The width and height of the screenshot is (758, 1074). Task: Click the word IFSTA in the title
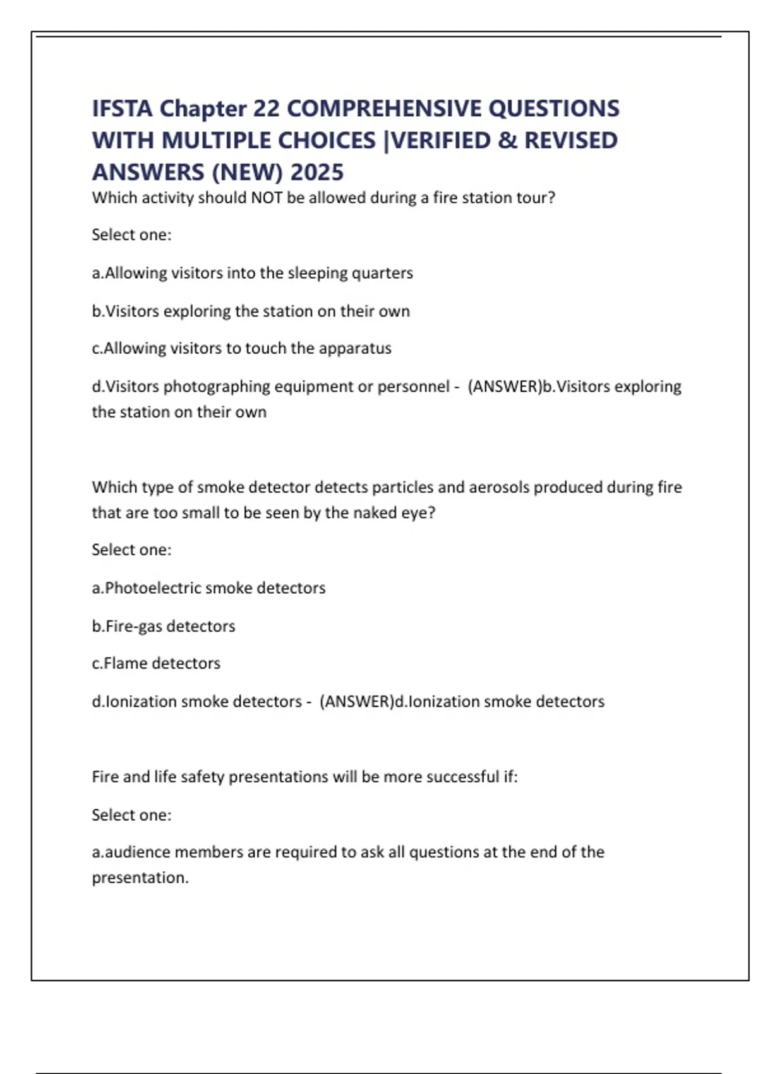click(123, 109)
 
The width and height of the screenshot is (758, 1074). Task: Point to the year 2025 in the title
click(317, 172)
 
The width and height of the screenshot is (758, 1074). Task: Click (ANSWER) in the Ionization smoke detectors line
click(357, 701)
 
